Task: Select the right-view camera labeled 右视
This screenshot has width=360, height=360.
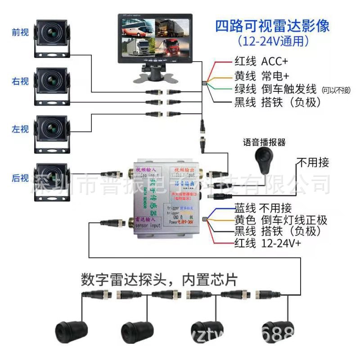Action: [52, 84]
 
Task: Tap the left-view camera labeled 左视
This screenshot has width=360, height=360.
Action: [52, 131]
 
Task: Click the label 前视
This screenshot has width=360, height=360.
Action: [20, 32]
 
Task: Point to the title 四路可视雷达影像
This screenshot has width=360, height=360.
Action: [272, 25]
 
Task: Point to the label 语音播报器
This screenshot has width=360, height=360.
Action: [264, 142]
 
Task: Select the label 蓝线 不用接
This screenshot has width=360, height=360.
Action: [263, 208]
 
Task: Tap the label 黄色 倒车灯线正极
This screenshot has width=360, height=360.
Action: [280, 220]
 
